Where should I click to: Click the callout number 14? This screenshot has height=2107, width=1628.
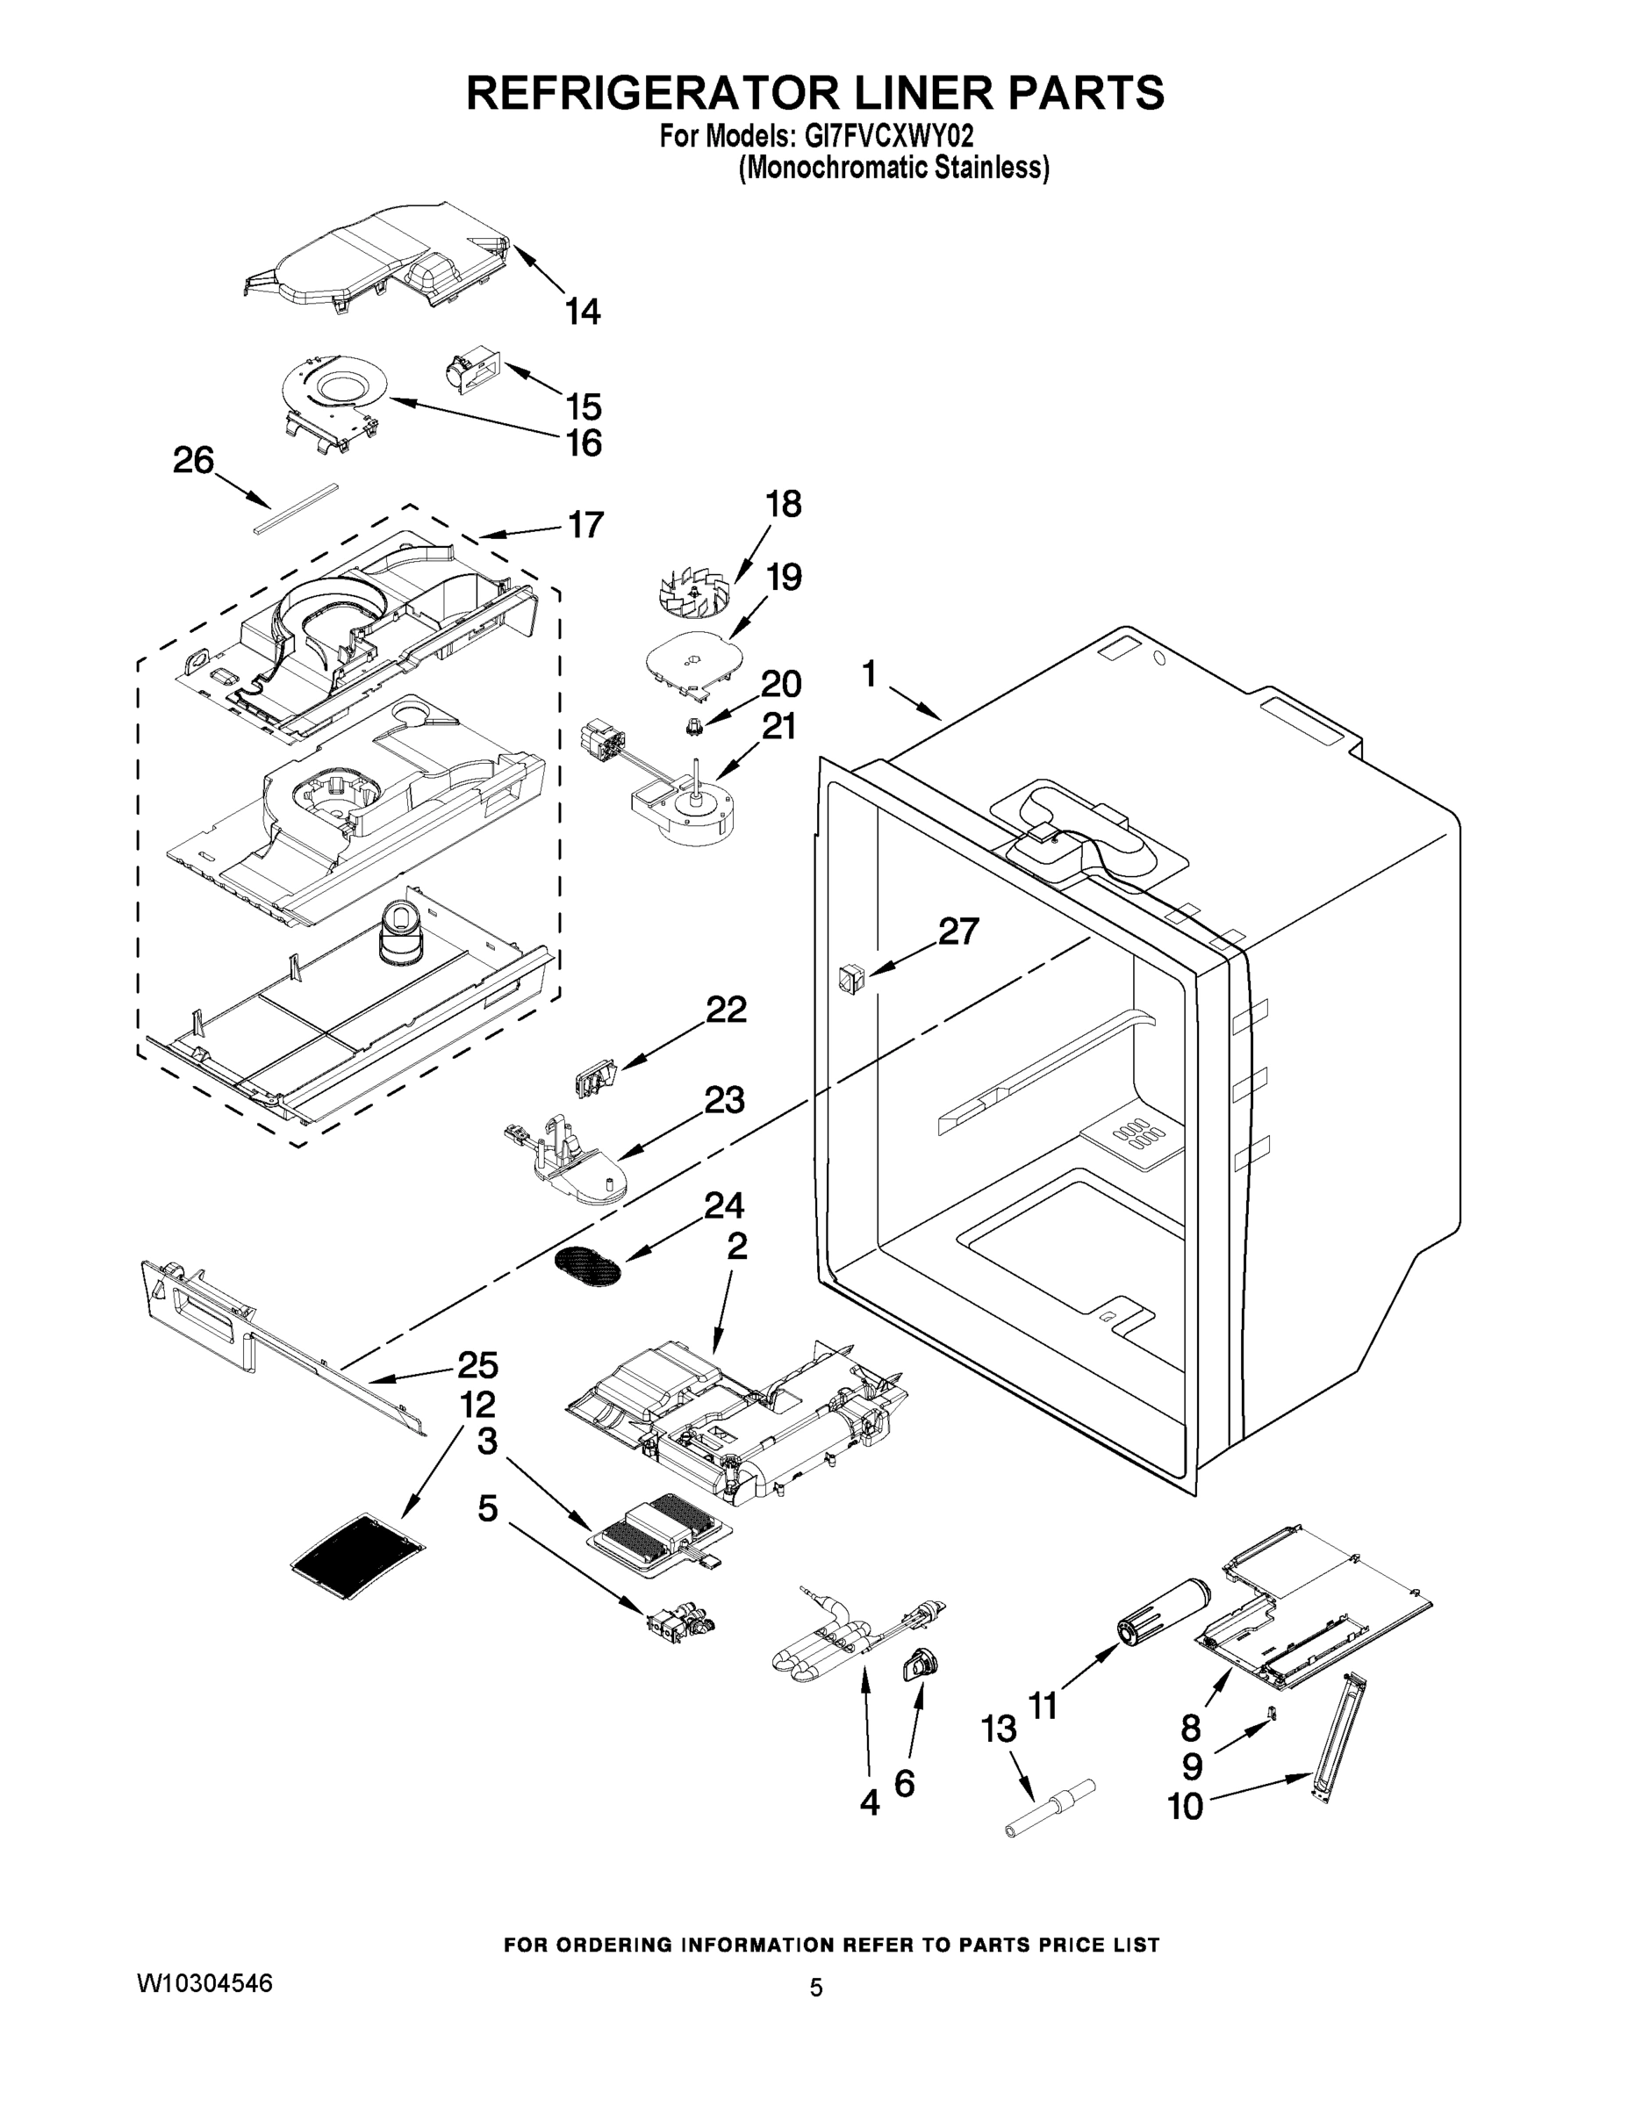[583, 312]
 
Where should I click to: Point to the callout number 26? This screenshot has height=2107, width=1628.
[193, 460]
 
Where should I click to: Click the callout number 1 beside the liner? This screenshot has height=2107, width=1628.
[869, 673]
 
